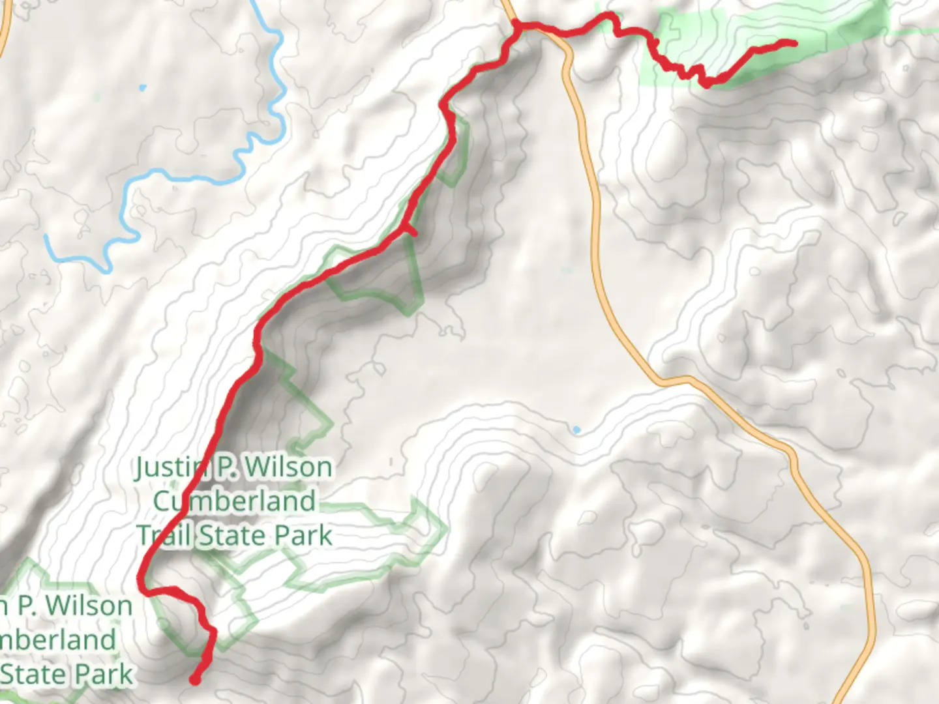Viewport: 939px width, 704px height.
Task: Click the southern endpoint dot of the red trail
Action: [x=194, y=680]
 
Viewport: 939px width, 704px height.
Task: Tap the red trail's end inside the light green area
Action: [x=793, y=43]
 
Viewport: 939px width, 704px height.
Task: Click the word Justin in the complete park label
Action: [x=168, y=467]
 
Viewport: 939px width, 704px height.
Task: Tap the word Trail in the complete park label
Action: [x=164, y=536]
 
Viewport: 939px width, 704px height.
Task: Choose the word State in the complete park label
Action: [x=232, y=536]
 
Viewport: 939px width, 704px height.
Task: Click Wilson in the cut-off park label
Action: [x=89, y=606]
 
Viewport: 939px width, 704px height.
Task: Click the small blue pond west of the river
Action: [x=143, y=87]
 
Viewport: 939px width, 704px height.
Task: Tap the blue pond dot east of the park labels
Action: [x=576, y=430]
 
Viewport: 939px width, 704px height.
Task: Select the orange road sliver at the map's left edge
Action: [x=3, y=26]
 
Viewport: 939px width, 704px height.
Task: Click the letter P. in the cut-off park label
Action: [x=26, y=606]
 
